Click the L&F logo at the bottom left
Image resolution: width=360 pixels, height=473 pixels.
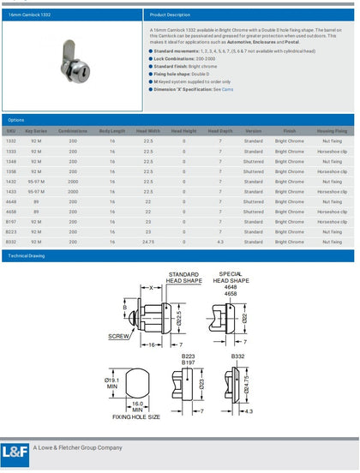point(15,452)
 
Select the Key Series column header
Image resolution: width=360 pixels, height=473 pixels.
point(35,130)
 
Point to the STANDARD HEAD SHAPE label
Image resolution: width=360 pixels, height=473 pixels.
point(183,276)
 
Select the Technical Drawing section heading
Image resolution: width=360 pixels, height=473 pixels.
point(27,255)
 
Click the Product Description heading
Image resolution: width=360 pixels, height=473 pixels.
point(170,15)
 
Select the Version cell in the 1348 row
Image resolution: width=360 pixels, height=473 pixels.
point(253,160)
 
